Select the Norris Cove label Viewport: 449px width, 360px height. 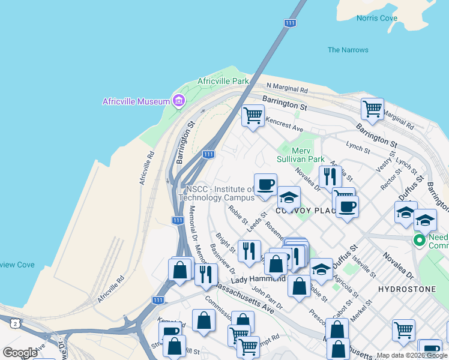pyautogui.click(x=377, y=18)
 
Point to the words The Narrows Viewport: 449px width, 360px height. pyautogui.click(x=348, y=50)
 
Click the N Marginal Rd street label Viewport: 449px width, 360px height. pyautogui.click(x=287, y=89)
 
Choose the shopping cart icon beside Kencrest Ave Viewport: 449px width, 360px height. pyautogui.click(x=253, y=115)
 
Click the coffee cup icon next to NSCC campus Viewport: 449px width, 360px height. pyautogui.click(x=265, y=184)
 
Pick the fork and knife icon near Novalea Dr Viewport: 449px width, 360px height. pyautogui.click(x=330, y=176)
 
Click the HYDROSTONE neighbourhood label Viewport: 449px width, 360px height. pyautogui.click(x=403, y=289)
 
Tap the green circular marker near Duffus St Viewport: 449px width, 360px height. pyautogui.click(x=419, y=241)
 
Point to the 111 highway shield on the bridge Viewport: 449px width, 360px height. pyautogui.click(x=291, y=23)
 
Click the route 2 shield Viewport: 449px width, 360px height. pyautogui.click(x=14, y=323)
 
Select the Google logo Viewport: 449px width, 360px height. pyautogui.click(x=20, y=353)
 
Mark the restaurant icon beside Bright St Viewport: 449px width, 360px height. pyautogui.click(x=249, y=250)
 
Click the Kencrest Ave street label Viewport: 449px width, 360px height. pyautogui.click(x=285, y=124)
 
